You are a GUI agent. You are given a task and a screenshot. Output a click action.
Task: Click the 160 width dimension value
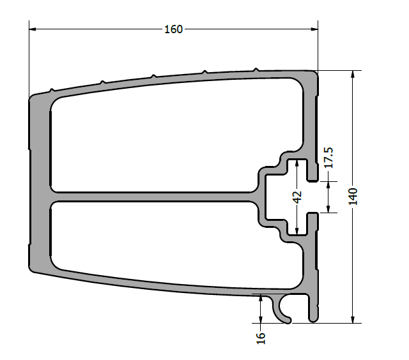pos(173,29)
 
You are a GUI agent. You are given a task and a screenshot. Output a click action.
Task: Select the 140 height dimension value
pos(353,197)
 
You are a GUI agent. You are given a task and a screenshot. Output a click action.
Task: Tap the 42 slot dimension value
pos(297,197)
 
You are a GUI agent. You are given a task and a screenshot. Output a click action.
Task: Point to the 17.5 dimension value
pos(328,158)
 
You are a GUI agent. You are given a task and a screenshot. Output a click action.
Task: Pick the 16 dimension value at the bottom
pos(261,338)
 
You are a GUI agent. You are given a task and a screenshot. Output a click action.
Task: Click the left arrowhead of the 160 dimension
pos(33,29)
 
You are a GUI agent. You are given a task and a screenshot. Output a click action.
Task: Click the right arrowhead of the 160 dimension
pos(314,29)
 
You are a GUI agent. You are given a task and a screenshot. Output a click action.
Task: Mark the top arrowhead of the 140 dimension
pos(353,74)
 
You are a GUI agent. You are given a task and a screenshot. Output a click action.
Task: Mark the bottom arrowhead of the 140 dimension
pos(353,320)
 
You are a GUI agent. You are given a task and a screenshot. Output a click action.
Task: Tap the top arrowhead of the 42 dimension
pos(297,163)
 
